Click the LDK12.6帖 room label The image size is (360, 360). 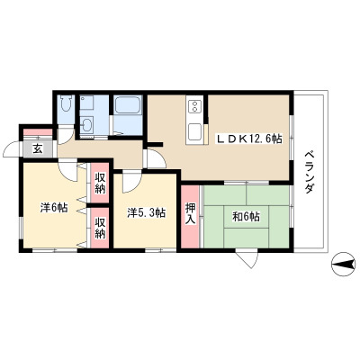(x=249, y=139)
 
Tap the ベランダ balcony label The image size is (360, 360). (x=310, y=172)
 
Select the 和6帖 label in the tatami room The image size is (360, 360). (x=246, y=216)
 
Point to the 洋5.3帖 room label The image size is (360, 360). (x=146, y=212)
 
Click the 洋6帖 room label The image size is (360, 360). (x=54, y=207)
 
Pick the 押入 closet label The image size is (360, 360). (x=190, y=213)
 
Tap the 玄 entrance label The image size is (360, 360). (x=38, y=148)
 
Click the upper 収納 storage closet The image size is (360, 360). (x=100, y=183)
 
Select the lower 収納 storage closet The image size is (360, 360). (x=100, y=228)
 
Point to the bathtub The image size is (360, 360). (x=128, y=105)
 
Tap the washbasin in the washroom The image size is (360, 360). (x=87, y=125)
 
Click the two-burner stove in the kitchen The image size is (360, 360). (x=195, y=106)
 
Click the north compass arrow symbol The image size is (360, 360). (x=343, y=265)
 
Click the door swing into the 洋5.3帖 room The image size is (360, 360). (x=131, y=183)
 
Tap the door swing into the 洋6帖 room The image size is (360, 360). (x=68, y=172)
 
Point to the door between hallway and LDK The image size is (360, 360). (x=156, y=159)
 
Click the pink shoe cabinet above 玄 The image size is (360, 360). (x=38, y=132)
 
